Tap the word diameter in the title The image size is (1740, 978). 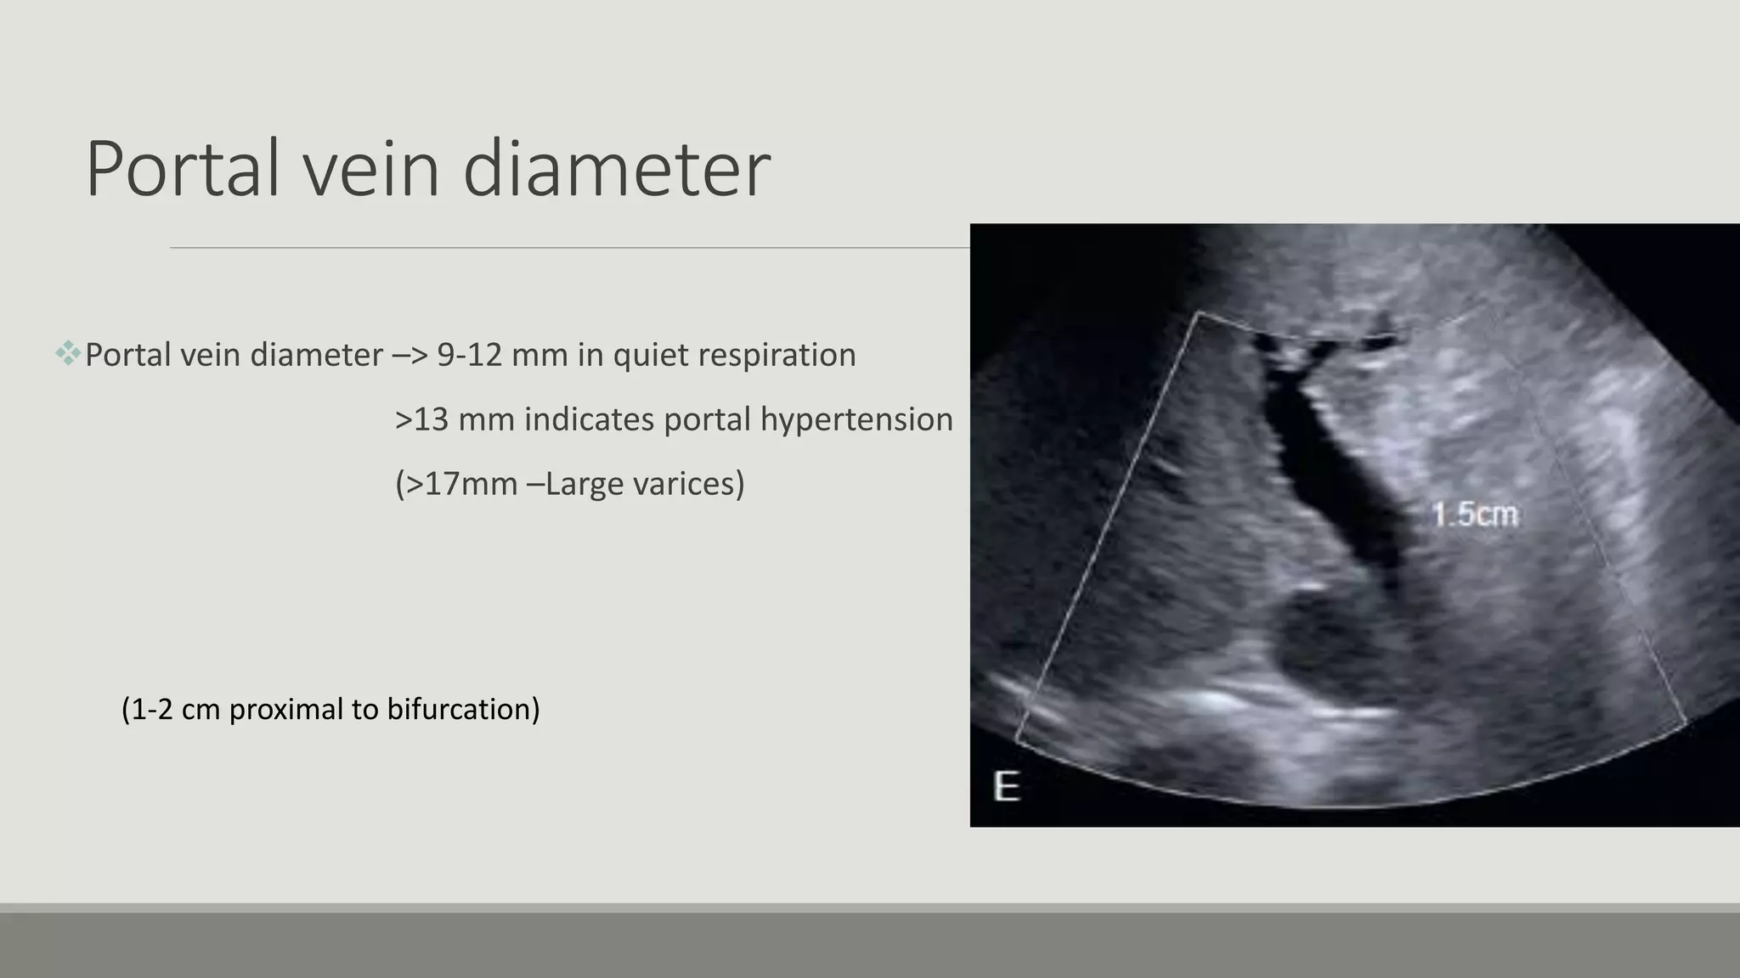pyautogui.click(x=616, y=169)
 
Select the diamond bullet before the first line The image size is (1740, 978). pyautogui.click(x=68, y=353)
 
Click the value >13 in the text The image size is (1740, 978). pyautogui.click(x=421, y=419)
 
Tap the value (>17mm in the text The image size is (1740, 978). pyautogui.click(x=455, y=484)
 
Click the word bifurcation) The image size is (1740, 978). pyautogui.click(x=463, y=709)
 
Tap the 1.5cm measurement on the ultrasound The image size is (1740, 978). pyautogui.click(x=1474, y=514)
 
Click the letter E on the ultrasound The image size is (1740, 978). pyautogui.click(x=1007, y=787)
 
